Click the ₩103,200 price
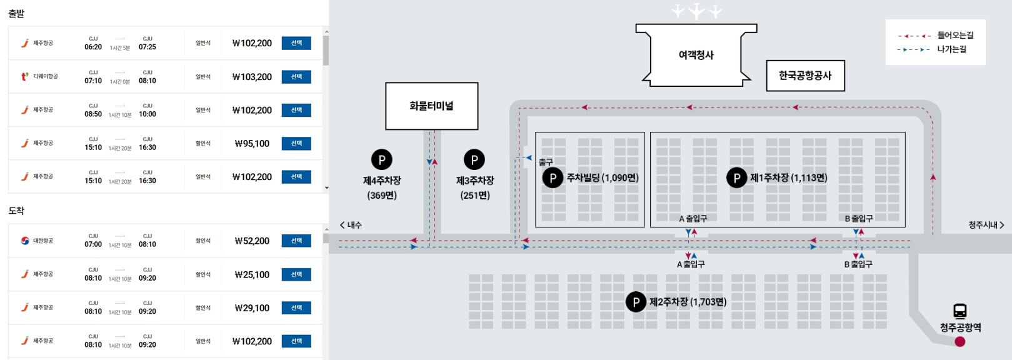(x=252, y=77)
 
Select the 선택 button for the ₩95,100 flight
(x=296, y=144)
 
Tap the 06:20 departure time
(x=93, y=47)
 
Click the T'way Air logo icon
(x=25, y=77)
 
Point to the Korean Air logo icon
(x=25, y=241)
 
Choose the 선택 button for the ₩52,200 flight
(x=296, y=241)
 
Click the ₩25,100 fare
(x=252, y=274)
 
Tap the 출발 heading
(x=16, y=13)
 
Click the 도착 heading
(x=16, y=211)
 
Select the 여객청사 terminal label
(x=696, y=55)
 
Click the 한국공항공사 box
(x=805, y=76)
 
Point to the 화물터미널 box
(x=431, y=106)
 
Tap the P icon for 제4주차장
(x=382, y=160)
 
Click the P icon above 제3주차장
(x=474, y=160)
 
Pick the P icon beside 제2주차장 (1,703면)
(x=636, y=302)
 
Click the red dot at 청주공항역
(x=960, y=341)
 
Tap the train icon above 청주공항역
(x=960, y=311)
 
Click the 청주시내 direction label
(x=986, y=225)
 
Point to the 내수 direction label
(x=351, y=225)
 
